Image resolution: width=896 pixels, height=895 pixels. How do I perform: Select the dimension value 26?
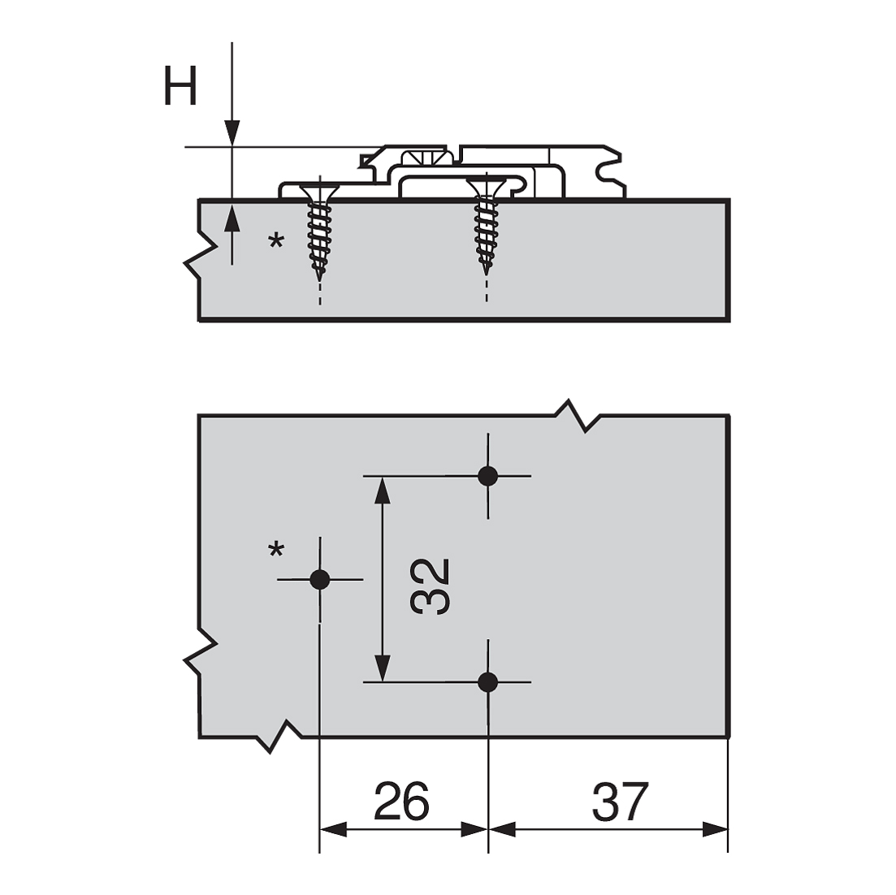[401, 802]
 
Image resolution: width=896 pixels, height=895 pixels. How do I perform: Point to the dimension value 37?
[621, 802]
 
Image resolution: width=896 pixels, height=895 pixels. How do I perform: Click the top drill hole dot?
[487, 476]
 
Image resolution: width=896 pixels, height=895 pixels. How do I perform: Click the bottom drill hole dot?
[487, 682]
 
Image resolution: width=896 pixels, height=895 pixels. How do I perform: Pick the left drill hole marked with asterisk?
[320, 579]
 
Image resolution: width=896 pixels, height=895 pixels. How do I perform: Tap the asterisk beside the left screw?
[277, 241]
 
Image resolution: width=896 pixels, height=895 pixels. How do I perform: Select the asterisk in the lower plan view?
[276, 551]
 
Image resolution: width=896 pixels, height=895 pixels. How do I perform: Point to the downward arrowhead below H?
[232, 133]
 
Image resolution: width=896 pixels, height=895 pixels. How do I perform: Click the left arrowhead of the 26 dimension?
[333, 829]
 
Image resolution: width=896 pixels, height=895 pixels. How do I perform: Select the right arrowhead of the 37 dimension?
[714, 829]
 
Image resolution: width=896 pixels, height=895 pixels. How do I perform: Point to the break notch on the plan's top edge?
[578, 415]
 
